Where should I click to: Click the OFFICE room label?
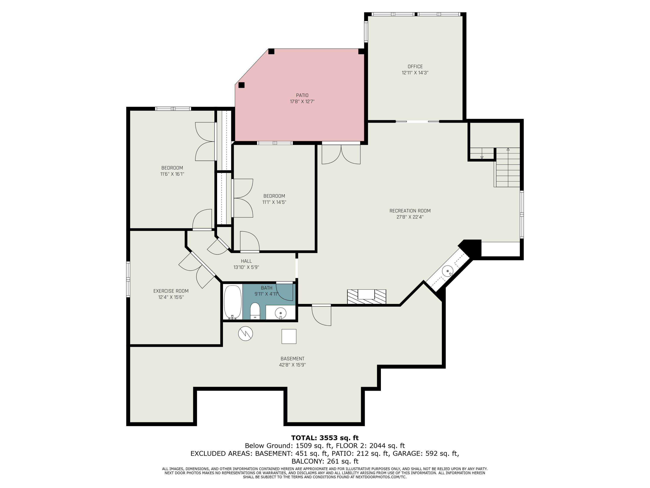(415, 67)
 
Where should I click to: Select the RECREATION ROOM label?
(410, 211)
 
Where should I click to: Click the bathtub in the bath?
(232, 302)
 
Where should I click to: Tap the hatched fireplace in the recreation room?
(366, 296)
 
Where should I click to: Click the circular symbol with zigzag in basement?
(245, 333)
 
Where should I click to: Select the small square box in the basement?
(289, 336)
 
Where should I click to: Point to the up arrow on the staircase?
(508, 149)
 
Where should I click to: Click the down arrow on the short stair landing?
(482, 157)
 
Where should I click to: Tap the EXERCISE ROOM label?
(171, 291)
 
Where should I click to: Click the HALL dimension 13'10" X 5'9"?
(246, 267)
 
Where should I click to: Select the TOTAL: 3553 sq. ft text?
(325, 438)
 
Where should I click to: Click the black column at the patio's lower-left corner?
(242, 85)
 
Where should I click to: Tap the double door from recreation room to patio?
(341, 154)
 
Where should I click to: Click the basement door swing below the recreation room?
(322, 315)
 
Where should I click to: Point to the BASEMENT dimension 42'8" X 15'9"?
(292, 365)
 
